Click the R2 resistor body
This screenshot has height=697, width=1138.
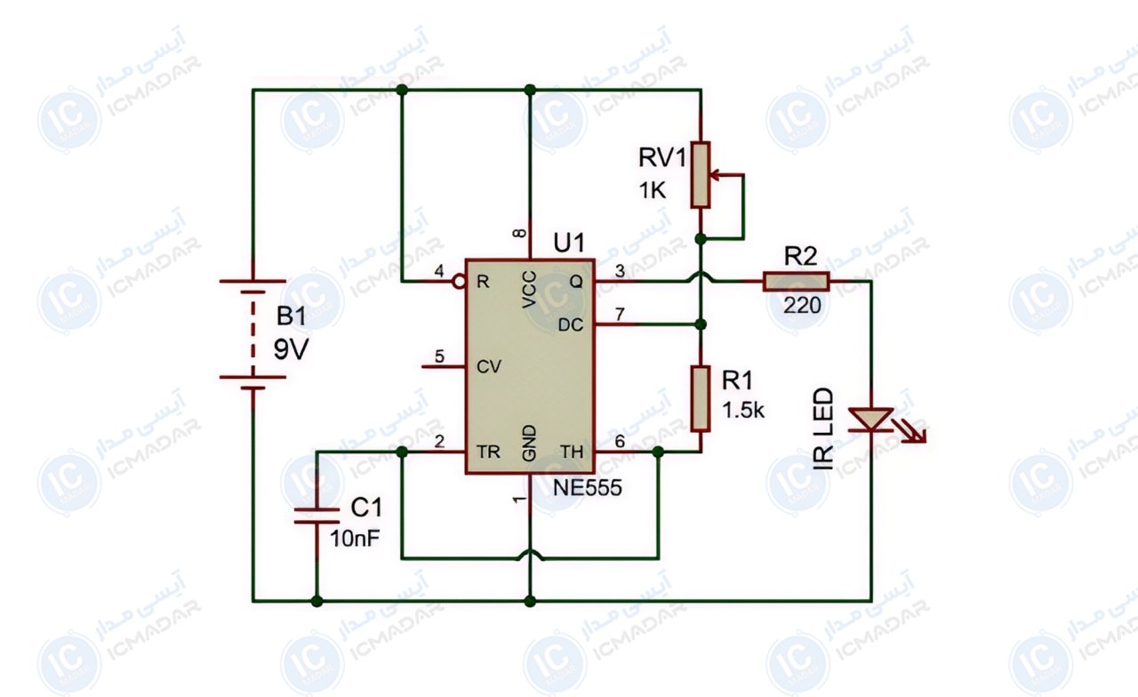(x=796, y=282)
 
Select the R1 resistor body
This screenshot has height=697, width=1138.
(x=701, y=398)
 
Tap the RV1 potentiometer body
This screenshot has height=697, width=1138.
(x=700, y=175)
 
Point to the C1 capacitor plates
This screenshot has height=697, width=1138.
(x=317, y=515)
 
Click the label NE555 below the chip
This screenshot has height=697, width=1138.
(x=587, y=488)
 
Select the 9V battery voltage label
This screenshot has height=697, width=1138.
(x=291, y=349)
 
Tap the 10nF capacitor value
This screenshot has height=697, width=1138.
(x=355, y=539)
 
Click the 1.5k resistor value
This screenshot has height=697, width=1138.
(x=742, y=411)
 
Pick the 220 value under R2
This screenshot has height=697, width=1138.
(x=802, y=305)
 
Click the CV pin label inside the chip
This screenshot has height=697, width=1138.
(x=489, y=366)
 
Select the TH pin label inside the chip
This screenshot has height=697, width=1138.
(x=572, y=451)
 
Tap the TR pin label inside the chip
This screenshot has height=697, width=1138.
(x=488, y=451)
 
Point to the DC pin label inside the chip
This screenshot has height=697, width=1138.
(x=571, y=325)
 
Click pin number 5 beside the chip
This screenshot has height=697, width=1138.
(x=439, y=357)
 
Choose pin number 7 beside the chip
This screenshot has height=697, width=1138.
(x=620, y=315)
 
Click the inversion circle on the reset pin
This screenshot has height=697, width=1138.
(x=459, y=281)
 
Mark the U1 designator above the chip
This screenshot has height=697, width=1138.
(x=569, y=244)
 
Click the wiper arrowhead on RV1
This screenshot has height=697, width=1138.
(x=714, y=175)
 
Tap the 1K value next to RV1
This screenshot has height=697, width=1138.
(x=652, y=191)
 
